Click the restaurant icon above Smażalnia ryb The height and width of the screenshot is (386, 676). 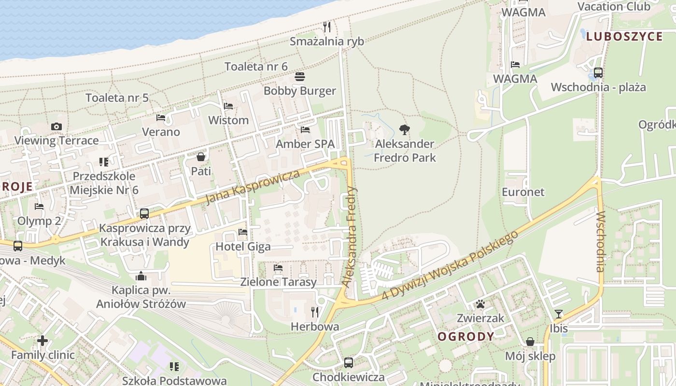[327, 27]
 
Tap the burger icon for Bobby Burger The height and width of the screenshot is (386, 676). [300, 77]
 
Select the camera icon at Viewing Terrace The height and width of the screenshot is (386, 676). [56, 126]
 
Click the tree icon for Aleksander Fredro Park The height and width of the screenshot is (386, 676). [405, 129]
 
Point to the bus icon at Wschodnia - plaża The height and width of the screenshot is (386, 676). [598, 73]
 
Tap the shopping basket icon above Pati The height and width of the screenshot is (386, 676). [201, 157]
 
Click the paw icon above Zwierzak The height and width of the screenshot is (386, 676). [480, 304]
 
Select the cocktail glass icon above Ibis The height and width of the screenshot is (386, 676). [559, 314]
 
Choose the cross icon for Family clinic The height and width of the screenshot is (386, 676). [42, 341]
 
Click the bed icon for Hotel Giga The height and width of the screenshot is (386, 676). [243, 232]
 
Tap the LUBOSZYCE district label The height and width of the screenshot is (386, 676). [624, 37]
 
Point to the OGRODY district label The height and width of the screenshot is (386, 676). [466, 336]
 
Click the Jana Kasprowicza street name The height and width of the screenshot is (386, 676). [253, 187]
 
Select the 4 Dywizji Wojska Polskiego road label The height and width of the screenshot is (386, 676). [450, 264]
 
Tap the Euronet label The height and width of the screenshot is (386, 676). [523, 192]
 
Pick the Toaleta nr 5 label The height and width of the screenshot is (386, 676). [117, 98]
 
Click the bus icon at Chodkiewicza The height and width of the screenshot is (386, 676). [349, 362]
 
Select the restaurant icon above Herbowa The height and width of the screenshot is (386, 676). [315, 312]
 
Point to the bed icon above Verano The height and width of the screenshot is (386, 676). [161, 118]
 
